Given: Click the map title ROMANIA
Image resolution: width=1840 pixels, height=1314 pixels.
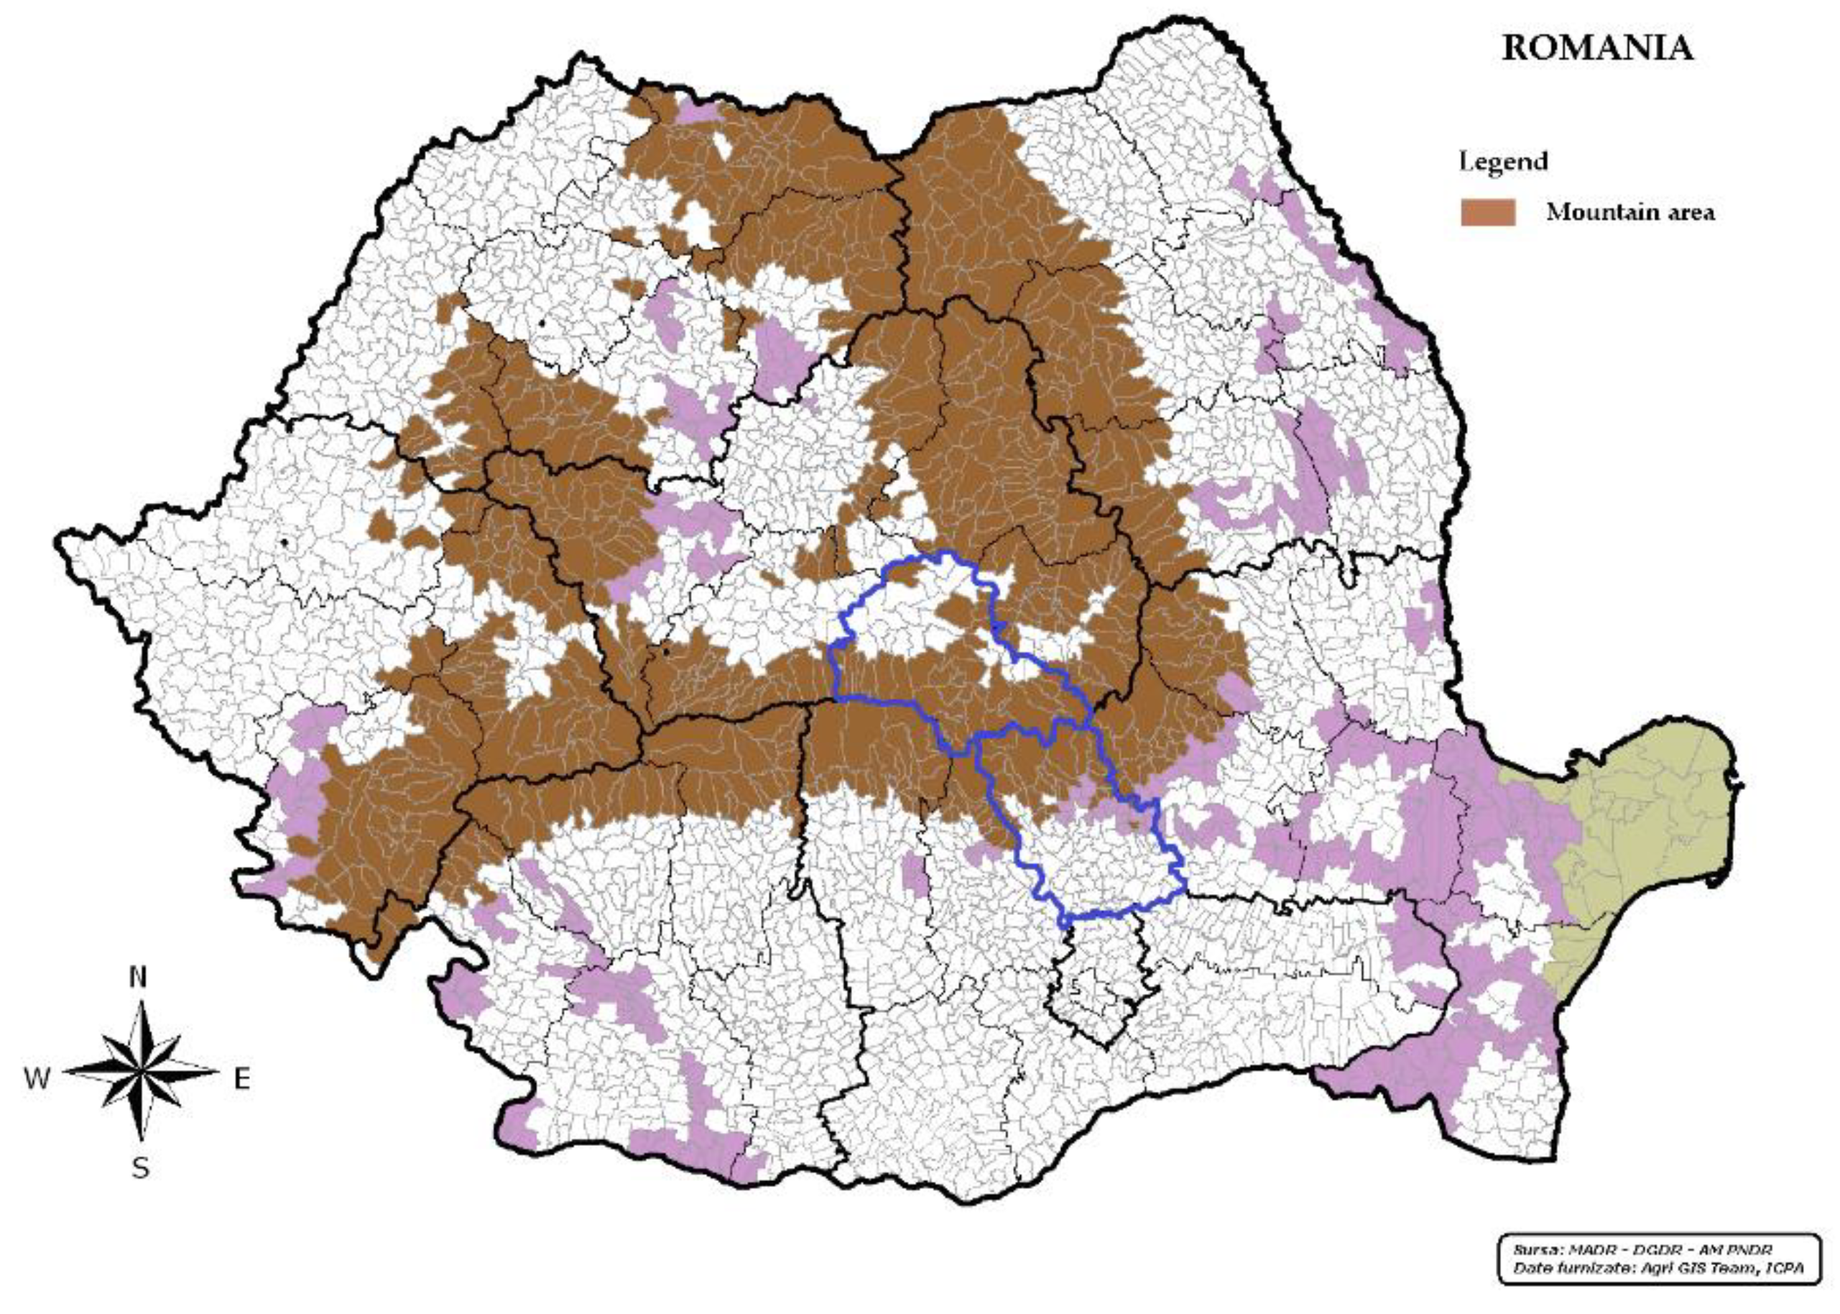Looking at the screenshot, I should coord(1596,49).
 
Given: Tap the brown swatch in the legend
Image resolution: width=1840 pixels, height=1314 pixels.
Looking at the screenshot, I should coord(1487,213).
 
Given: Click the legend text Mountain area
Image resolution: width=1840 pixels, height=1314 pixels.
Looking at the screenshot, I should coord(1629,213).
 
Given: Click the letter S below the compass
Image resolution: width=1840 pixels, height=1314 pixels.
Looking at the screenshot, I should coord(140,1168).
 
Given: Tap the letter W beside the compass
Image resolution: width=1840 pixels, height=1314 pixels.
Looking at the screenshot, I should coord(37,1078).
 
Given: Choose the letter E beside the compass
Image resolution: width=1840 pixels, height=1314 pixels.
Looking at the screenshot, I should coord(242,1078).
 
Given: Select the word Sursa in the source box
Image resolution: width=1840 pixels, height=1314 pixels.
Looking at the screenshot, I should coord(1534,1251).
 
